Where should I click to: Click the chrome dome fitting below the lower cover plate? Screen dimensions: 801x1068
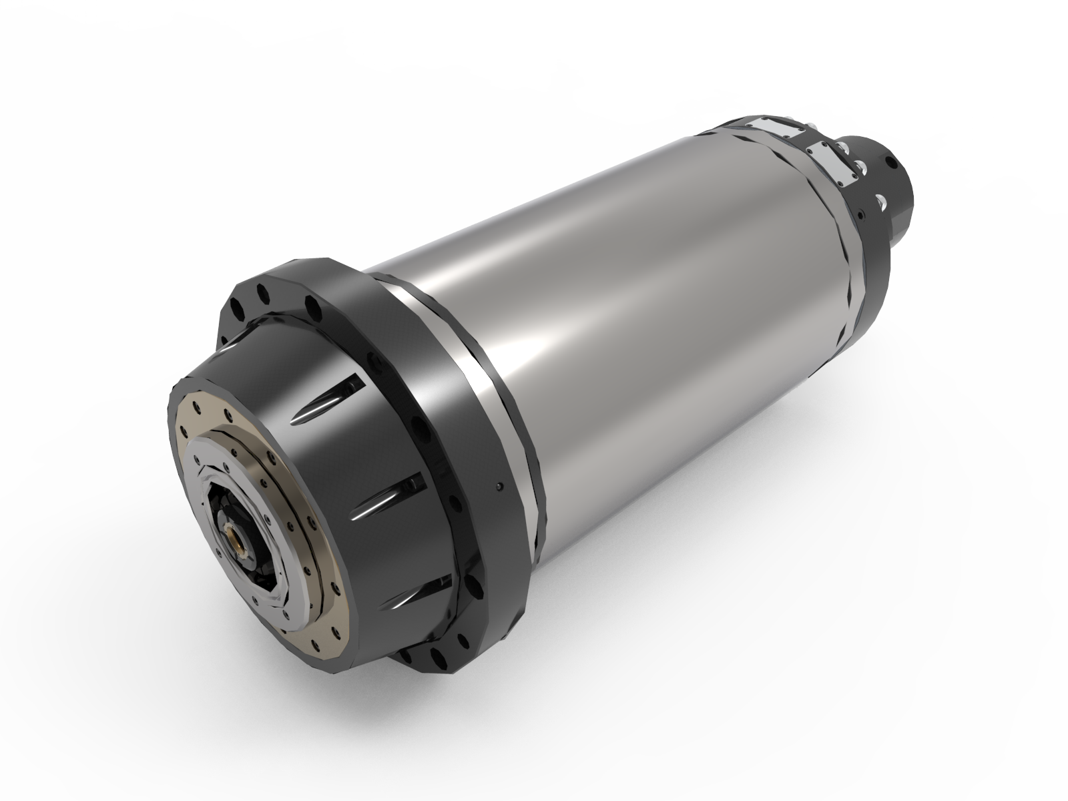tap(860, 165)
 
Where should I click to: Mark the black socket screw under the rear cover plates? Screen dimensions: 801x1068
tap(862, 214)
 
